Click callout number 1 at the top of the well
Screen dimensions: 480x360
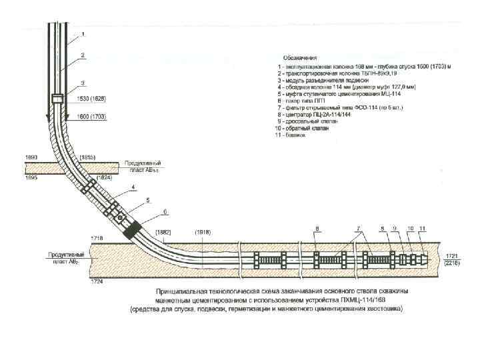tap(83, 33)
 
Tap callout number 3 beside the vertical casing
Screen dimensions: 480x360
tap(83, 83)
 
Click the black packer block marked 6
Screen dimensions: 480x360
tap(132, 231)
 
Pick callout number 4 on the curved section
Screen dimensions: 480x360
tap(133, 187)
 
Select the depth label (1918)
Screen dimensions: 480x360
tap(204, 232)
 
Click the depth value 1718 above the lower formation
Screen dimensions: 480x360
tap(97, 237)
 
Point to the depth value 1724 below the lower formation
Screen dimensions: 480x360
tap(97, 281)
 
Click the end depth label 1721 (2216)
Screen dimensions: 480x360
tap(451, 259)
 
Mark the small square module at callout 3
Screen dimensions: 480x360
tap(57, 99)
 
